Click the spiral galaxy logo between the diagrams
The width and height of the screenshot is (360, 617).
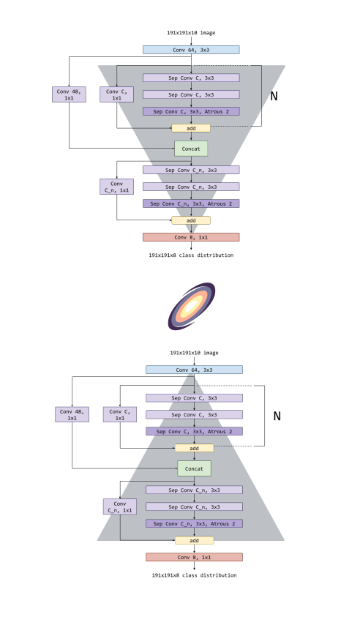tap(192, 306)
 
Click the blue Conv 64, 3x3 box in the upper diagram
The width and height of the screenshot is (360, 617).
tap(191, 50)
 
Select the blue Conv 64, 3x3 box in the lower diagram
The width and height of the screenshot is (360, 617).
tap(195, 370)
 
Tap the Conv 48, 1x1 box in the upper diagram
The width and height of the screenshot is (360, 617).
tap(69, 94)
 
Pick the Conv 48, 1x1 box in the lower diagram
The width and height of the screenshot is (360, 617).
tap(72, 414)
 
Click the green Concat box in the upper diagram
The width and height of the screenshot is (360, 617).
tap(191, 149)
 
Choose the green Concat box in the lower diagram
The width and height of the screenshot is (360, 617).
tap(195, 468)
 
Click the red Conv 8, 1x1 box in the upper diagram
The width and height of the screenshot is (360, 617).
tap(191, 237)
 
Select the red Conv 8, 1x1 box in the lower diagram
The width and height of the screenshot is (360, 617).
tap(195, 557)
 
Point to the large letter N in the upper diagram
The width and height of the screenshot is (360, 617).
tap(274, 96)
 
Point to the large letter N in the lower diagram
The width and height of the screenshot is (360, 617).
tap(277, 416)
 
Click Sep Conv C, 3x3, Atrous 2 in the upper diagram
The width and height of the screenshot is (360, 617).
tap(191, 111)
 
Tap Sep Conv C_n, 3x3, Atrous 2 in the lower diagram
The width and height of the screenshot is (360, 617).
tap(195, 524)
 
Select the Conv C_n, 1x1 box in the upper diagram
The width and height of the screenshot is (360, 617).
tap(116, 187)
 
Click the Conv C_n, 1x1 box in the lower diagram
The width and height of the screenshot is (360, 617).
tap(120, 506)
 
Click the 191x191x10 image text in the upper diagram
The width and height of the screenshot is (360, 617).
tap(191, 33)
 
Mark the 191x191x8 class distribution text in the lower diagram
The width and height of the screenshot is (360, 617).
tap(195, 575)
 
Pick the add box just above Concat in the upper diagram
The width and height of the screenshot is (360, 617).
tap(191, 128)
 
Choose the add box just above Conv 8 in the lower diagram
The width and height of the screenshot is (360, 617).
tap(195, 541)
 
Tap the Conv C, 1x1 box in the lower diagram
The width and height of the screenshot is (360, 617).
tap(120, 414)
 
